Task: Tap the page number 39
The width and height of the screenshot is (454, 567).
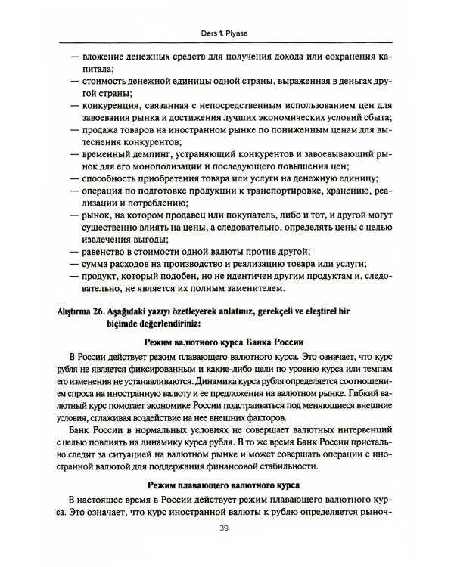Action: (x=227, y=549)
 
